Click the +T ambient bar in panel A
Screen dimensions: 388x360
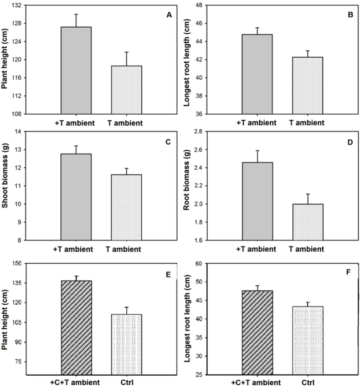click(76, 70)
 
